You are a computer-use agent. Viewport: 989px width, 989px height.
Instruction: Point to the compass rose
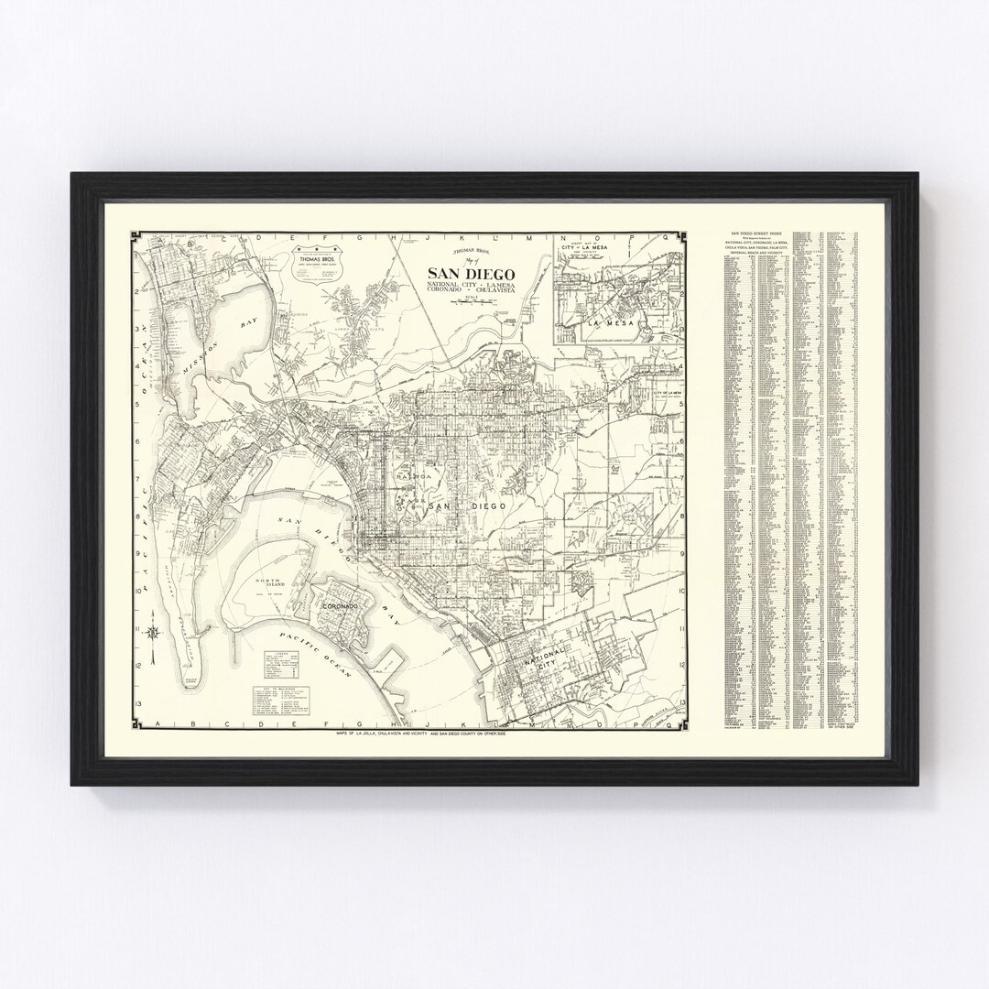[157, 632]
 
